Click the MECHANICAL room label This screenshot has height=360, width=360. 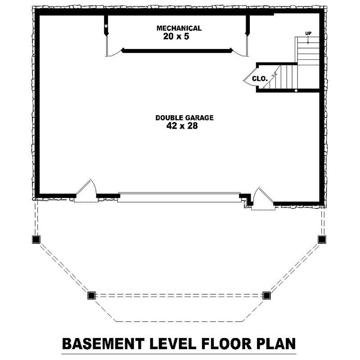click(x=179, y=28)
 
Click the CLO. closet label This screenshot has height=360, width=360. click(x=260, y=78)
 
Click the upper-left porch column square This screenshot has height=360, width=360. click(x=36, y=239)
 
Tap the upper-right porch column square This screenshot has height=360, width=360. click(x=322, y=239)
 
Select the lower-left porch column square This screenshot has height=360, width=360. click(x=91, y=295)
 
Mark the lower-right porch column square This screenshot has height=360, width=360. click(x=266, y=295)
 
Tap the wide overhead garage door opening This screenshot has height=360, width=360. click(x=179, y=197)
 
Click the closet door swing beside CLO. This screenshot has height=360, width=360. click(x=248, y=78)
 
